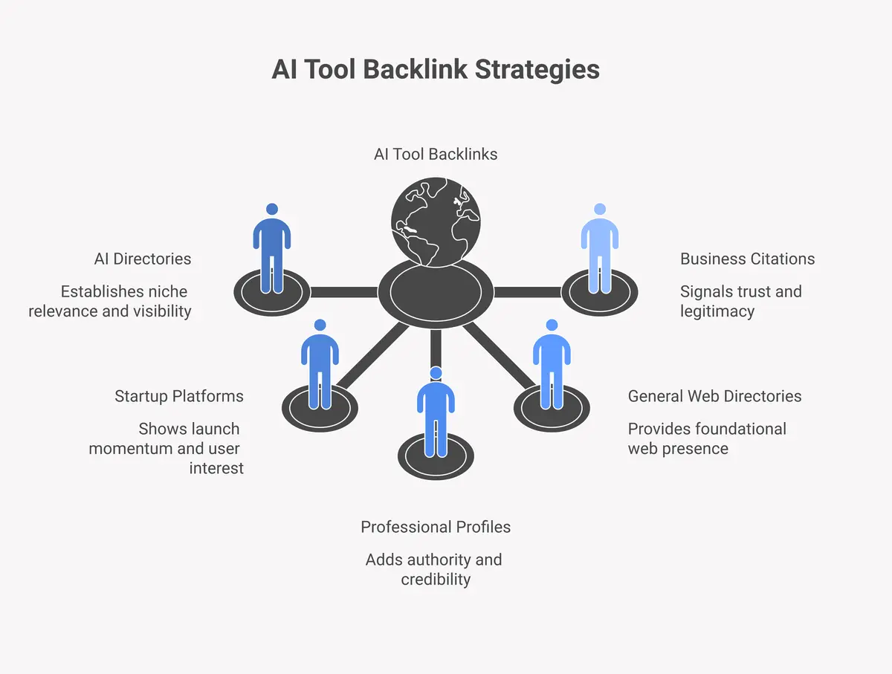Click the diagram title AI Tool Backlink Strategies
click(x=436, y=69)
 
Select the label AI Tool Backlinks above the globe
click(x=436, y=154)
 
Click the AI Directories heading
click(x=143, y=259)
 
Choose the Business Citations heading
click(x=747, y=259)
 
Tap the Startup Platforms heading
click(x=179, y=396)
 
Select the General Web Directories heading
click(x=714, y=396)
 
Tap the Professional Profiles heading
click(x=436, y=527)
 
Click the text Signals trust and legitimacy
click(x=740, y=301)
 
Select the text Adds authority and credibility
click(x=435, y=569)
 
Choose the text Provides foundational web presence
click(x=706, y=438)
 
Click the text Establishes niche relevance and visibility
click(x=110, y=301)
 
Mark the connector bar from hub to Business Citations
click(x=527, y=292)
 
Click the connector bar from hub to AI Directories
click(x=344, y=292)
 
